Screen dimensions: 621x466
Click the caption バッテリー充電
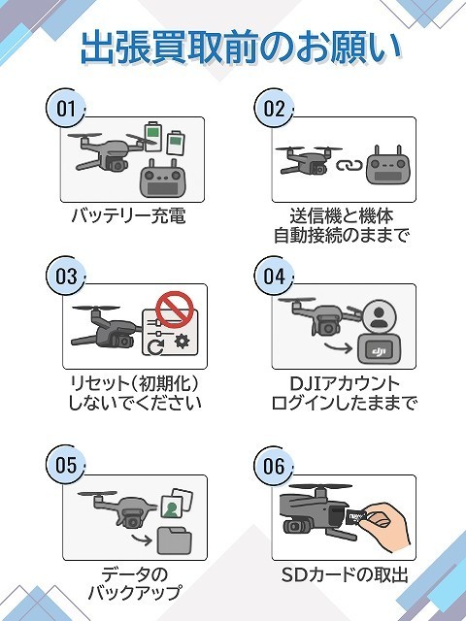click(128, 215)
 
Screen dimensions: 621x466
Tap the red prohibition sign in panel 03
click(175, 310)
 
